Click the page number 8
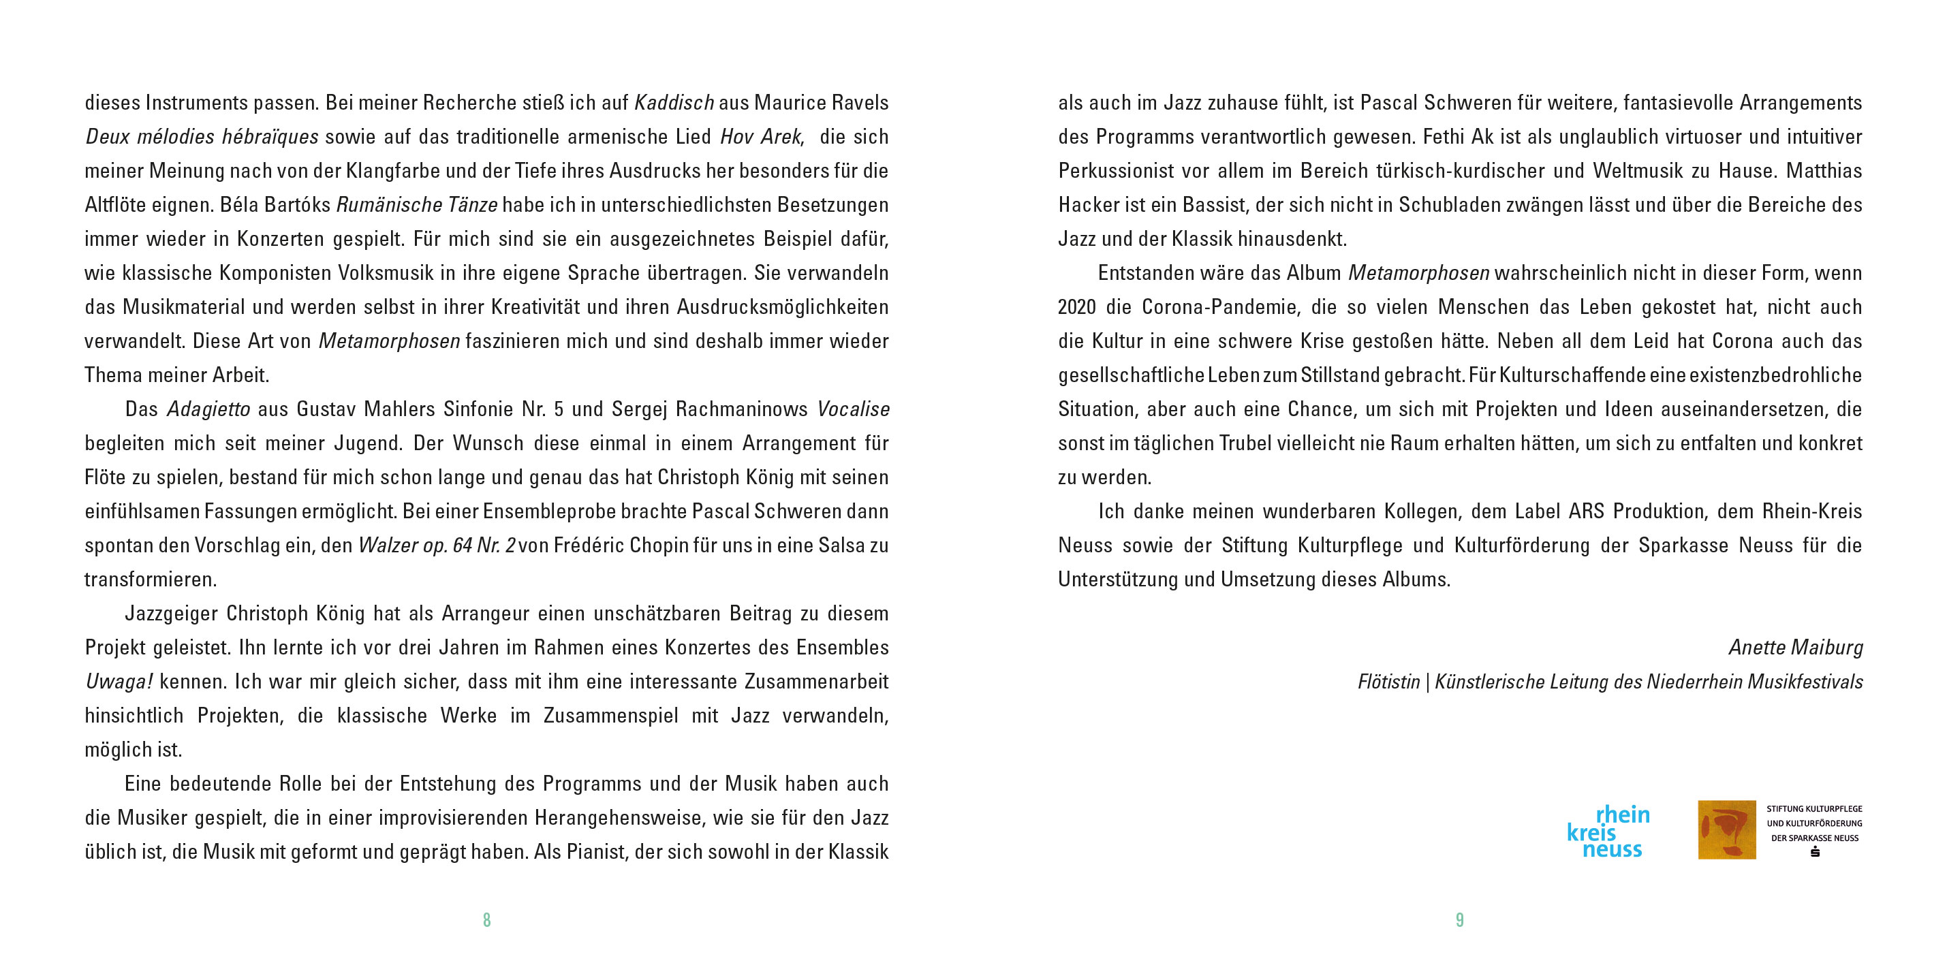tap(486, 919)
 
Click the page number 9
tap(1459, 919)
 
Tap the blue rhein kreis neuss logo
tap(1608, 832)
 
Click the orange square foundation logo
tap(1726, 829)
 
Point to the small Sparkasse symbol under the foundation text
tap(1815, 852)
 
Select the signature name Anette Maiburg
tap(1795, 648)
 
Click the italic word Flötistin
tap(1388, 682)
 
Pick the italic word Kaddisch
tap(674, 103)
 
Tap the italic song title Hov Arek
tap(760, 137)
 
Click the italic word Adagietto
tap(208, 409)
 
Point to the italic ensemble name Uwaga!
tap(119, 682)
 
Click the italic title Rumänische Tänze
tap(416, 205)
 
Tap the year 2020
tap(1076, 308)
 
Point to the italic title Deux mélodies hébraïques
tap(202, 137)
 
